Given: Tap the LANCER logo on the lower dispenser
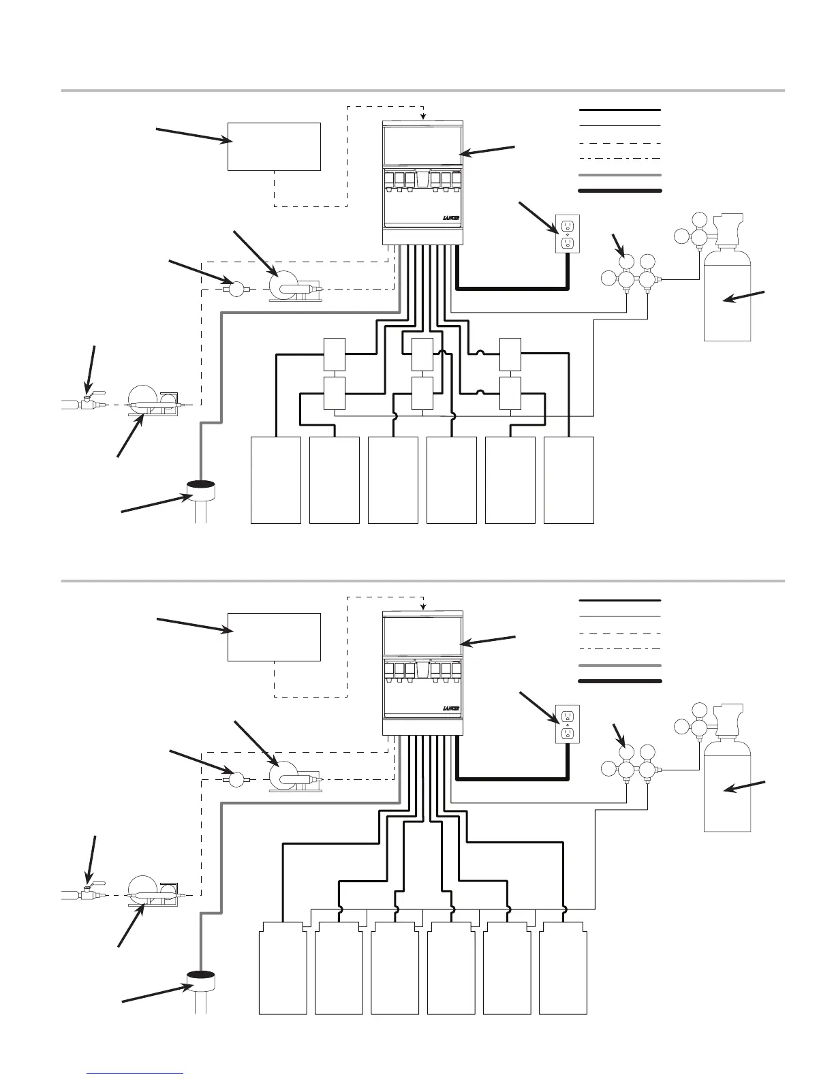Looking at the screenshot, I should pos(451,708).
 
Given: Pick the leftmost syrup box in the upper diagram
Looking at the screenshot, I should pos(276,480).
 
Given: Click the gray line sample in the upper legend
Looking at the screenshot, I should pos(619,175).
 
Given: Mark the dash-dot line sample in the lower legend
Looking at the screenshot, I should pos(619,649).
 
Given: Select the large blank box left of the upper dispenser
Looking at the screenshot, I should pos(274,146).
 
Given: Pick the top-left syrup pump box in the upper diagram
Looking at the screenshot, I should pos(334,353).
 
